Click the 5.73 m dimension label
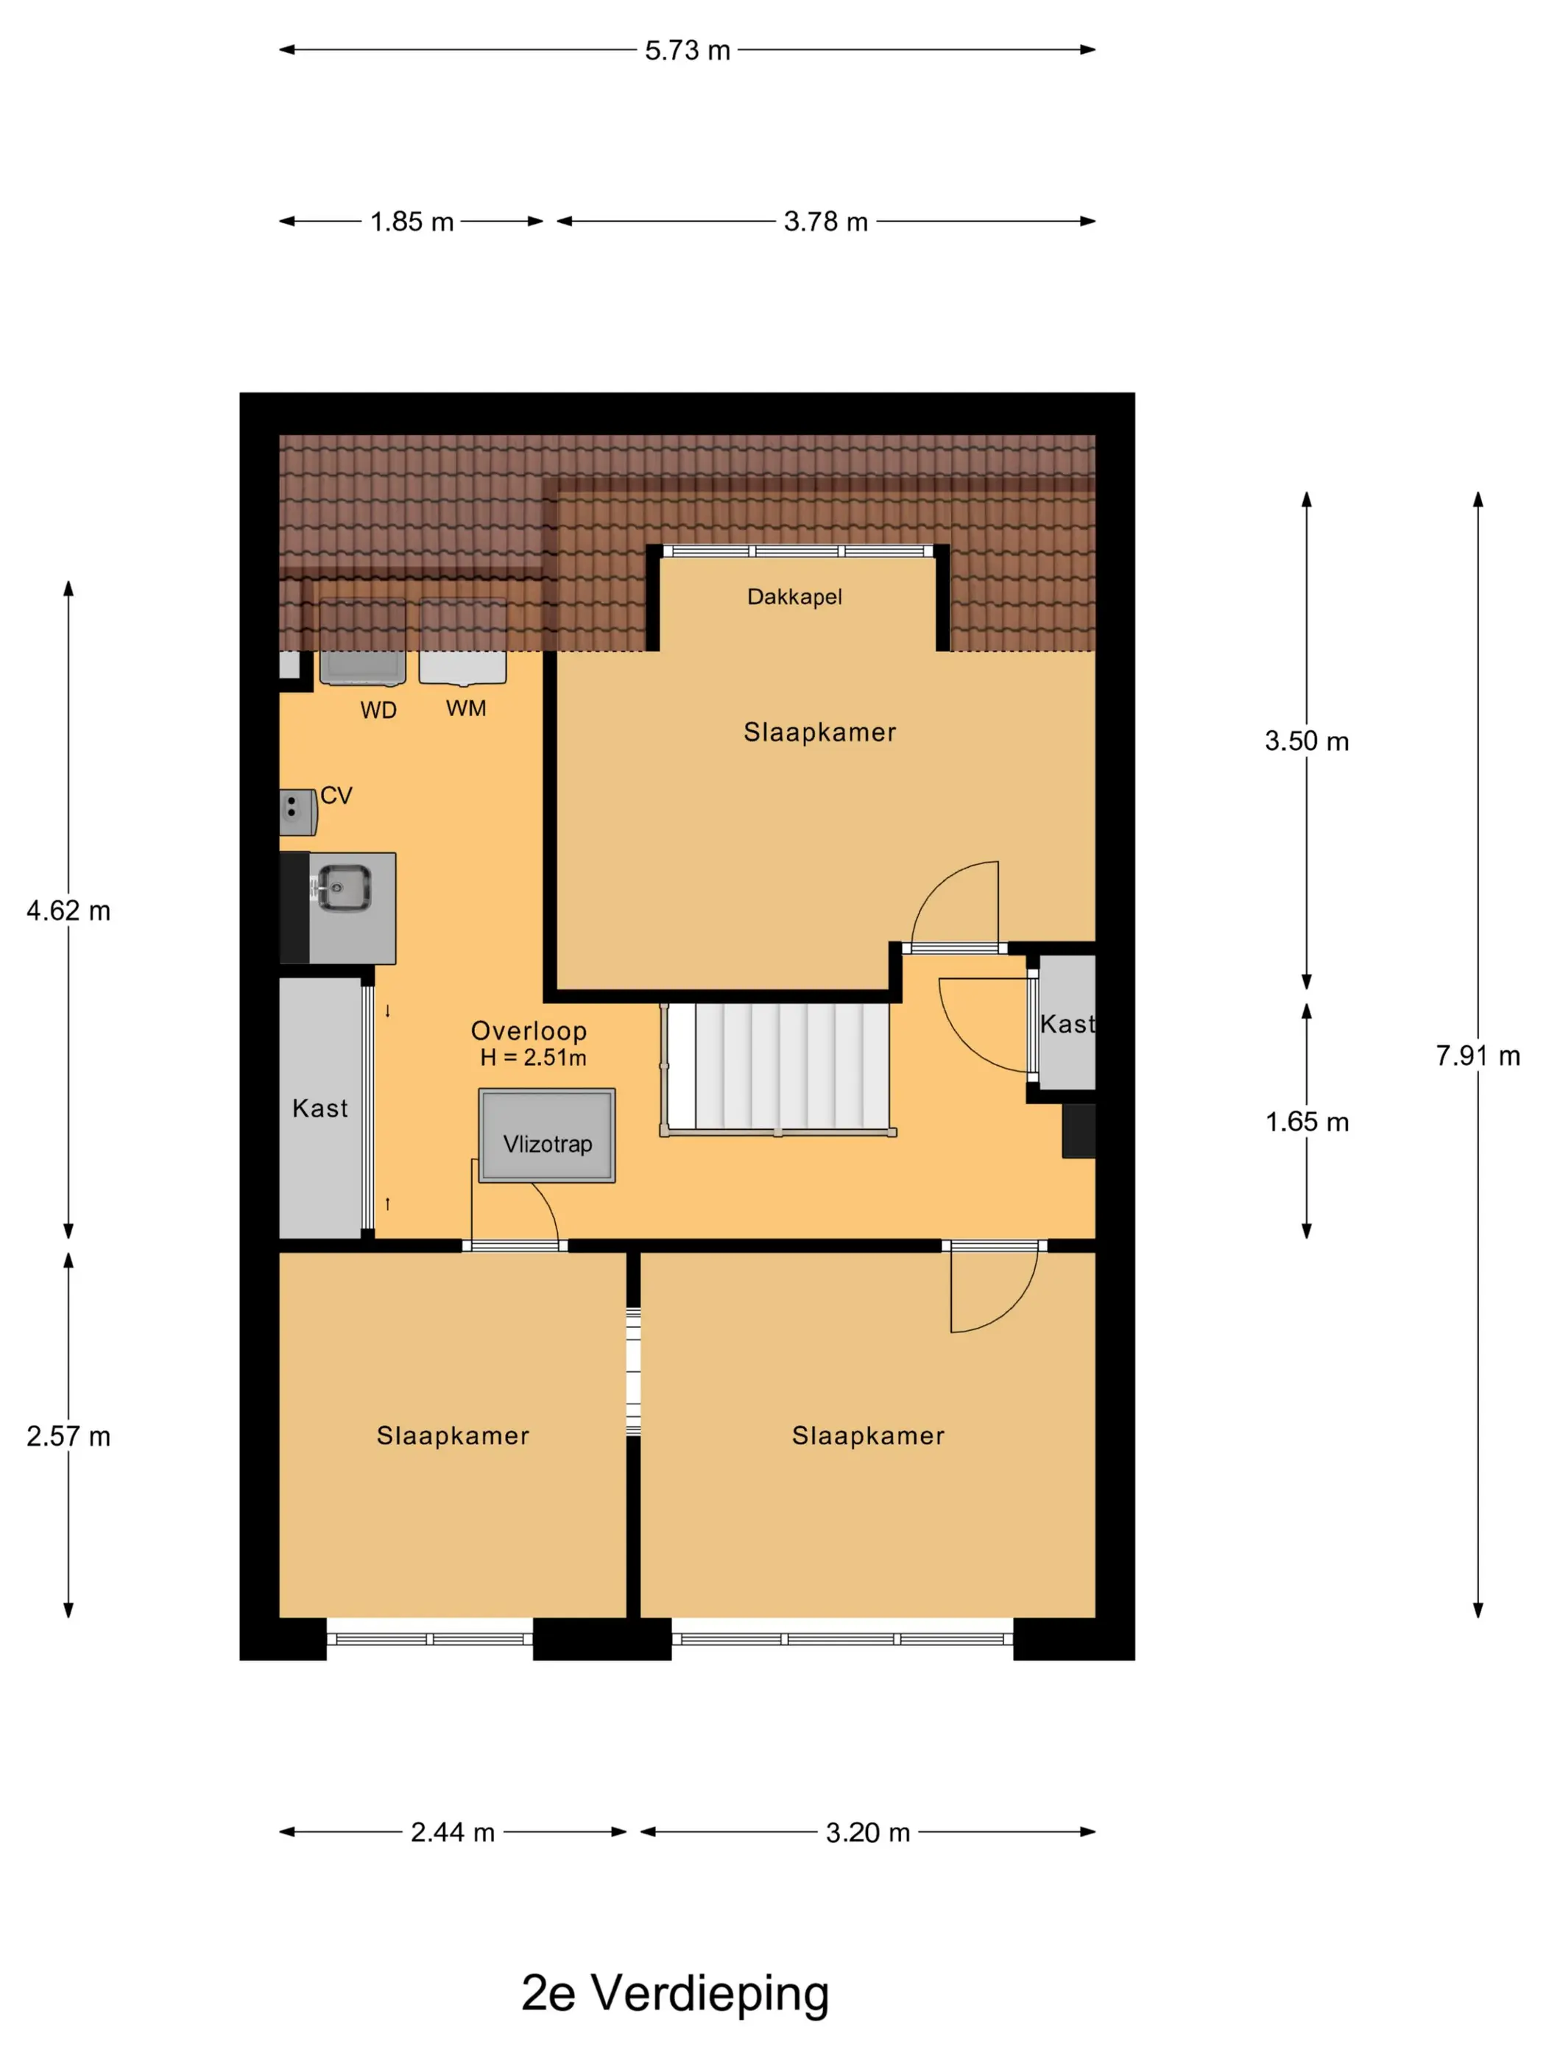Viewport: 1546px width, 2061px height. [687, 50]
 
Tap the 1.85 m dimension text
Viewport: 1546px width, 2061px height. [411, 222]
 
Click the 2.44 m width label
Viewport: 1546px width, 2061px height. [452, 1833]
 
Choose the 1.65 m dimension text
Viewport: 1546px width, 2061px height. [1307, 1122]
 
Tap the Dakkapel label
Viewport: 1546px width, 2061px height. [794, 596]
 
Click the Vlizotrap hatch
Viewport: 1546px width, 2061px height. [547, 1135]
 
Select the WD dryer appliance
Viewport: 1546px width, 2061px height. [362, 642]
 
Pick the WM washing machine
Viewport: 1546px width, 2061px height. [462, 642]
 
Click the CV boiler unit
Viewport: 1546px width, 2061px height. [298, 813]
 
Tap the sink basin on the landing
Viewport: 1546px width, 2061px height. [344, 888]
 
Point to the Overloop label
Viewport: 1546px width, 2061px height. [529, 1030]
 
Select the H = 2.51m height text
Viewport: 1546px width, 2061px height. [533, 1058]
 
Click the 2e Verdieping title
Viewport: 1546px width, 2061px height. [674, 1993]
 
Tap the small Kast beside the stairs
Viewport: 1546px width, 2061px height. [1067, 1022]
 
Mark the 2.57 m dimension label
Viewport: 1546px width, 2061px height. [68, 1436]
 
